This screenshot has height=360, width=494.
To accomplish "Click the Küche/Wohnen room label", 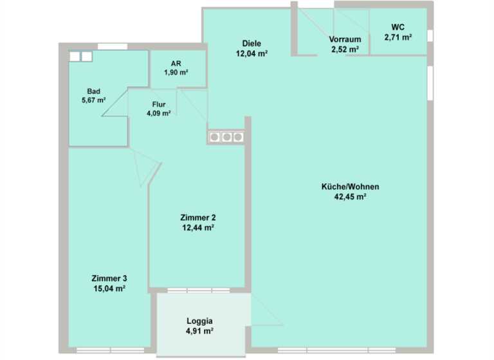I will [350, 187].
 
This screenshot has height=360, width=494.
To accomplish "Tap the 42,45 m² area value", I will [350, 197].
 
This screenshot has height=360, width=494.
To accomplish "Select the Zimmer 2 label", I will [197, 217].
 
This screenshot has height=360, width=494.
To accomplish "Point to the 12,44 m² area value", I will [197, 228].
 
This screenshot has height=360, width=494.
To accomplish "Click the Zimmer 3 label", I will [109, 278].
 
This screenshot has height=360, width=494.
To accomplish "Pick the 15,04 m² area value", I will [109, 289].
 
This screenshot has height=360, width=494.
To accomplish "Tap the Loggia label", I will [199, 321].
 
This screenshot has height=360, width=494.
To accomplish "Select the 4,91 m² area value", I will [199, 331].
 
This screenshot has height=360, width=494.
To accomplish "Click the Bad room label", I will [93, 91].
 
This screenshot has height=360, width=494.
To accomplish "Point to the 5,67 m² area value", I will [93, 100].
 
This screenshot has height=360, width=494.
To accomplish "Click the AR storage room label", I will [175, 63].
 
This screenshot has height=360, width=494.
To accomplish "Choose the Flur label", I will [159, 104].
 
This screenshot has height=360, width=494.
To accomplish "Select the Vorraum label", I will [345, 39].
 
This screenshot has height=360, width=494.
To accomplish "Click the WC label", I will [398, 28].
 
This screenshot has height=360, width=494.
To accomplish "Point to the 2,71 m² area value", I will [398, 37].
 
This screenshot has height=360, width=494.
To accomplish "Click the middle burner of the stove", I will [226, 136].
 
